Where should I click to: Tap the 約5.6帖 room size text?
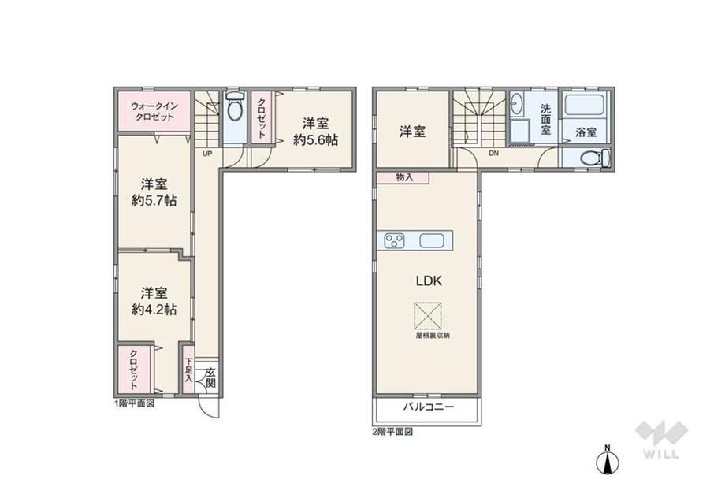tap(315, 139)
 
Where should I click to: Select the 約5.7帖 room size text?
tap(154, 201)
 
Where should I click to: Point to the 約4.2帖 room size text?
tap(154, 309)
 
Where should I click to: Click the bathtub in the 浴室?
tap(584, 106)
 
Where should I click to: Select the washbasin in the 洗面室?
tap(516, 105)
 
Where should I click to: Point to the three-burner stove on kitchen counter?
tap(394, 240)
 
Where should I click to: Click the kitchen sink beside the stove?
tap(432, 240)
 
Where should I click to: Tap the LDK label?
tap(429, 281)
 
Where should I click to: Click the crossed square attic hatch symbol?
tap(428, 316)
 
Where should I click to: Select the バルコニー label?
tap(429, 407)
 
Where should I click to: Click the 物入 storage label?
tap(404, 177)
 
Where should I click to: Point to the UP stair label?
tap(207, 154)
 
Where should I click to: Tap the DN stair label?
tap(494, 154)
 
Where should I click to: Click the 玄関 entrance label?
tap(210, 377)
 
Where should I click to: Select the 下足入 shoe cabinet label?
tap(188, 370)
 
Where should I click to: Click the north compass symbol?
tap(607, 459)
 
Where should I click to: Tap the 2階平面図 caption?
tap(392, 432)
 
